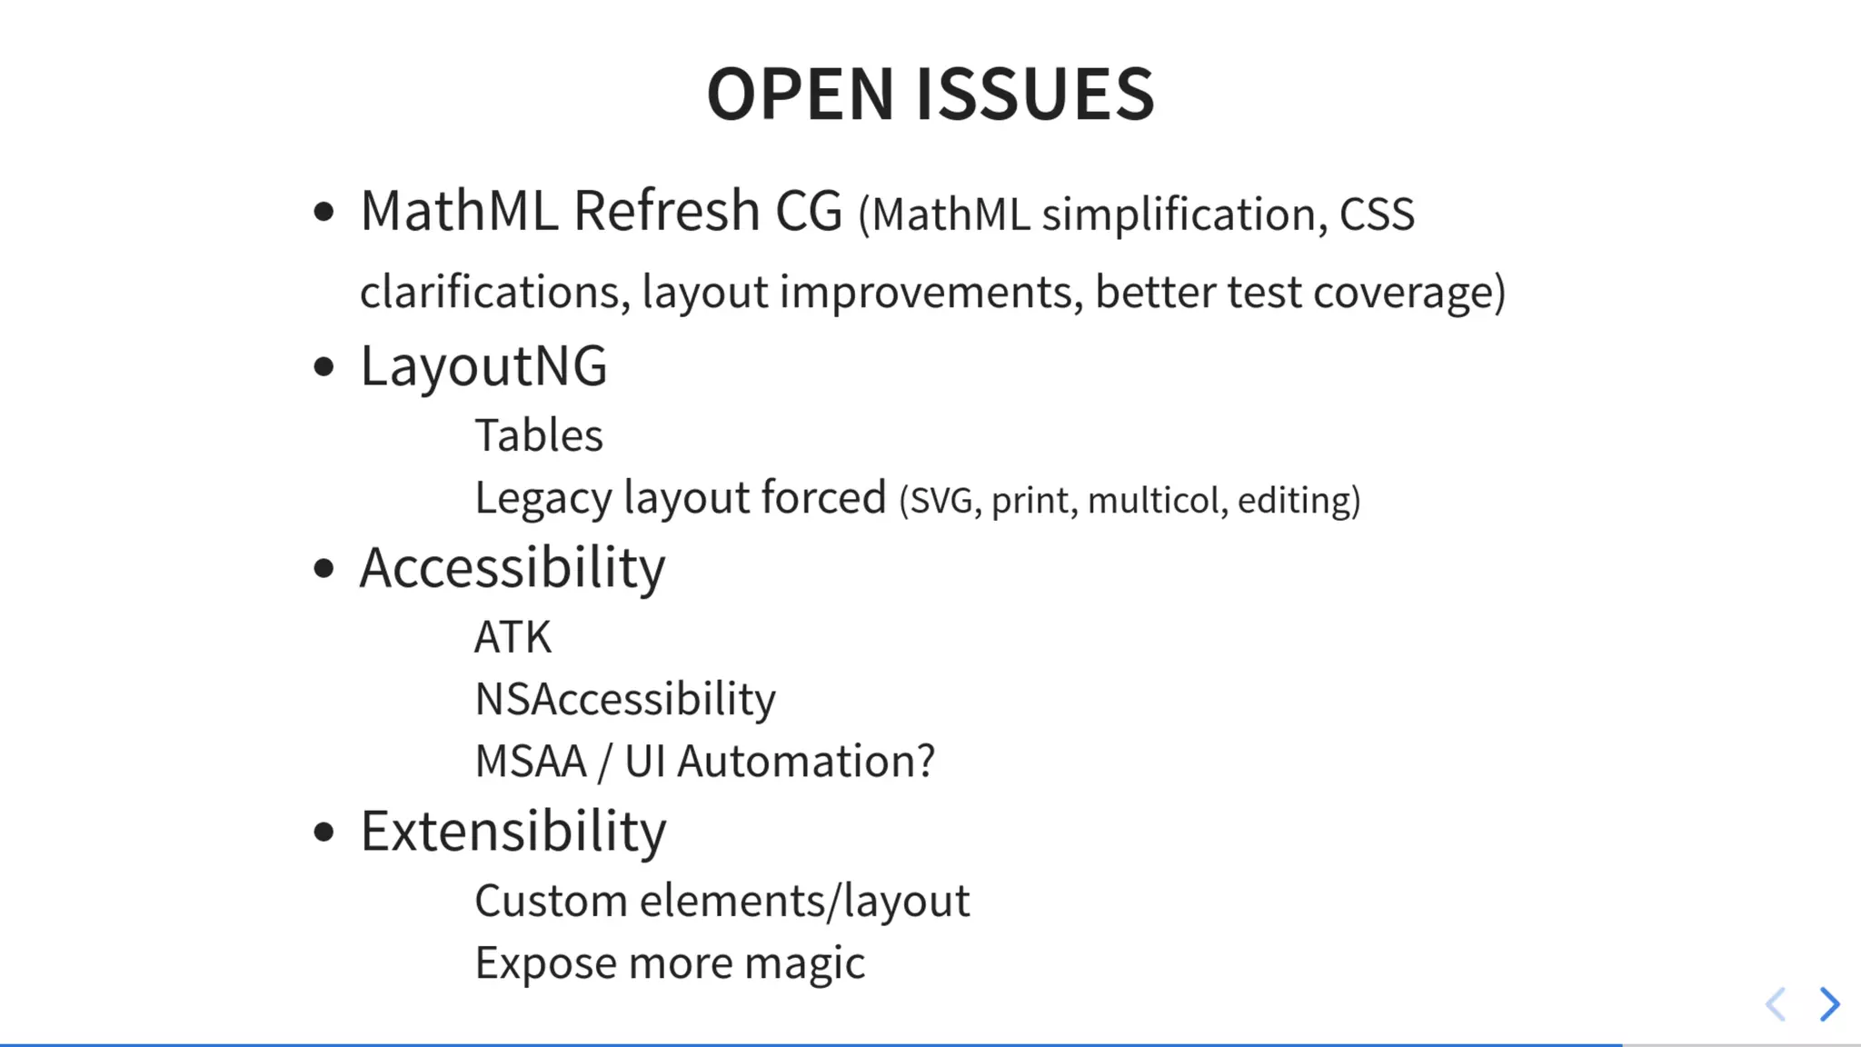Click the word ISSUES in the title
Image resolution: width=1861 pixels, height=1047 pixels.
tap(1035, 94)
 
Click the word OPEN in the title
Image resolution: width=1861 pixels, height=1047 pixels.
tap(801, 94)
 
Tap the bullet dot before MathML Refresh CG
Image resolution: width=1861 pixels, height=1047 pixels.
tap(323, 213)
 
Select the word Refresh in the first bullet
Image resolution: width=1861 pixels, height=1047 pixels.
tap(666, 211)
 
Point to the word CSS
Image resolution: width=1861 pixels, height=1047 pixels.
tap(1377, 214)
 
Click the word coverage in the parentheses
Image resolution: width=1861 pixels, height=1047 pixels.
tap(1403, 293)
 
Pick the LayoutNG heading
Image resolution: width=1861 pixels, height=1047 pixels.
tap(483, 366)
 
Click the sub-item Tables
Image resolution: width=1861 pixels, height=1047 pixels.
tap(539, 435)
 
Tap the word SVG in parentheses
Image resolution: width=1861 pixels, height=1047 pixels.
tap(940, 501)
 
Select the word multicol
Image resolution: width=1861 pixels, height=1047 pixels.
tap(1153, 501)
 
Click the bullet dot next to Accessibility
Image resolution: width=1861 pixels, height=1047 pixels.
tap(323, 569)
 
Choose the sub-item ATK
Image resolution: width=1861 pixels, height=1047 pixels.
tap(513, 636)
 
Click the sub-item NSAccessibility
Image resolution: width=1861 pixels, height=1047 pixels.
tap(625, 699)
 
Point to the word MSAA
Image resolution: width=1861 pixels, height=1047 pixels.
tap(531, 762)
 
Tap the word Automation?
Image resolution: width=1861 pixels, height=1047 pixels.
tap(805, 762)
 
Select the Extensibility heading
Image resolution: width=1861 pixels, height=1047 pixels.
tap(513, 831)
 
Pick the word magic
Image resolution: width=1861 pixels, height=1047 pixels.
tap(804, 963)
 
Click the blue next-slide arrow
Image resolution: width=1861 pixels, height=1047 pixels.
tap(1829, 1004)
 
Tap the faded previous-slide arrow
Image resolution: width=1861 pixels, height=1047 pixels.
tap(1776, 1004)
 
